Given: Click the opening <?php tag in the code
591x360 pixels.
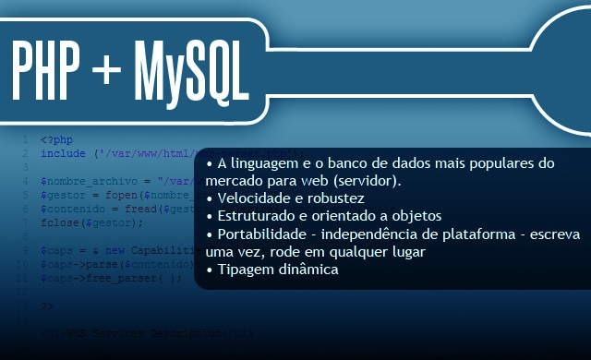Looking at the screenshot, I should coord(56,140).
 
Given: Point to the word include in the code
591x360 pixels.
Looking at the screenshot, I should coord(63,153).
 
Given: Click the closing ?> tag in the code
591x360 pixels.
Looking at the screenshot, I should coord(47,306).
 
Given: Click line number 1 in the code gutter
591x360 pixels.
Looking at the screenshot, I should coord(23,140).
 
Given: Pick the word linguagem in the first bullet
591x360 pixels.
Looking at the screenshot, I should coord(268,162).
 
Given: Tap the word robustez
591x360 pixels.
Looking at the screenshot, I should coord(334,198).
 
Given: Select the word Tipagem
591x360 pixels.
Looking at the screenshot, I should coord(243,270).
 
